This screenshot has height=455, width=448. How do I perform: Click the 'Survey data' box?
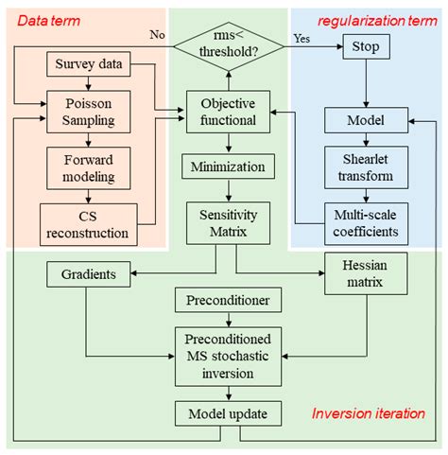88,67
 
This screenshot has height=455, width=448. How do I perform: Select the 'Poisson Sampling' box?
88,112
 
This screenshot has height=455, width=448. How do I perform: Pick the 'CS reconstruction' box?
88,223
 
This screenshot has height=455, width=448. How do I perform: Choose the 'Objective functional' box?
226,112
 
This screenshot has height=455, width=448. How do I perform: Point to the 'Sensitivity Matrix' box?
226,223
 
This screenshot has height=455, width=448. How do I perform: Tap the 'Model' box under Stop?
367,119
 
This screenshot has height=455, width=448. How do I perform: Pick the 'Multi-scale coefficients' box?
367,222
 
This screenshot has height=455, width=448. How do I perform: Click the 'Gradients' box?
88,274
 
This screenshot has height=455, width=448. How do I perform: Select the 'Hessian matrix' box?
367,274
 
